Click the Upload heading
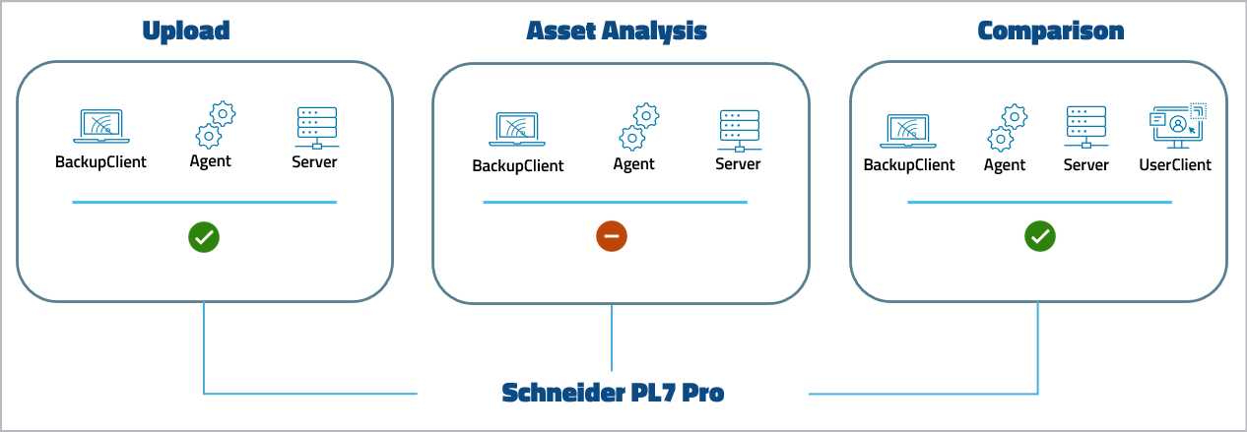tap(186, 31)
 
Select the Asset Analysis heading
tap(617, 31)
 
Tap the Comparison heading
tap(1050, 31)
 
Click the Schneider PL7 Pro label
tap(613, 394)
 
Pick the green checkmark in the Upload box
tap(204, 236)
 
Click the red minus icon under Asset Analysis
tap(612, 236)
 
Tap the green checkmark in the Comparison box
tap(1040, 236)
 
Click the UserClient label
tap(1175, 164)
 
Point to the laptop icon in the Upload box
tap(100, 127)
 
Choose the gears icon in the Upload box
tap(215, 124)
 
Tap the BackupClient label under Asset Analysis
tap(518, 165)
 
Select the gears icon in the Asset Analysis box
tap(638, 126)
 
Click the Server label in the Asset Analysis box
tap(738, 163)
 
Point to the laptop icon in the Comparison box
tap(909, 129)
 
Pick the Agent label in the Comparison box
tap(1005, 164)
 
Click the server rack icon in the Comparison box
tap(1085, 127)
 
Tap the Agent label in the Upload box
tap(211, 161)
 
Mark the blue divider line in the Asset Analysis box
tap(615, 203)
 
